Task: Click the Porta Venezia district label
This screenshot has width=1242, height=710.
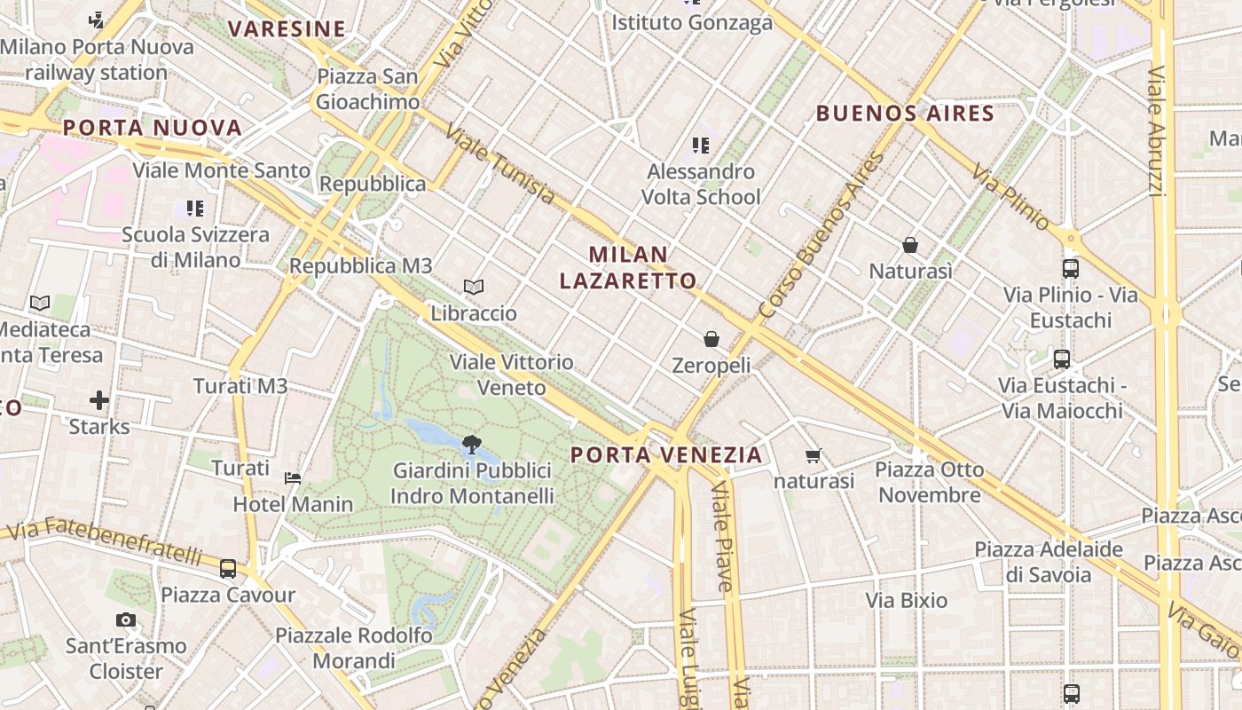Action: (x=665, y=455)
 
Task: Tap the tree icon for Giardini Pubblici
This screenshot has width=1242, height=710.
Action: (x=471, y=445)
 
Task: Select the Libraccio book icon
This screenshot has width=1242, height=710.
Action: (x=474, y=288)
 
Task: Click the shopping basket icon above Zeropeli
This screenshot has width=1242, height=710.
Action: (x=711, y=339)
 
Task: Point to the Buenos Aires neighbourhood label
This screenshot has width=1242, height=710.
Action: (x=905, y=114)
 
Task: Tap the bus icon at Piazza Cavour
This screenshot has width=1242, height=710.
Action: (x=228, y=569)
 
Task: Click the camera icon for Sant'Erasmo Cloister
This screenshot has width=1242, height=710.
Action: (x=126, y=619)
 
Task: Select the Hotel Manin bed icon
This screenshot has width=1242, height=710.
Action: (x=293, y=478)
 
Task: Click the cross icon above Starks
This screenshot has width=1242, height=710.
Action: (x=99, y=401)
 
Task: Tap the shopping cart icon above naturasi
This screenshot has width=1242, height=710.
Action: (x=813, y=456)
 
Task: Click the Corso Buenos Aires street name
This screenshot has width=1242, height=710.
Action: (x=821, y=236)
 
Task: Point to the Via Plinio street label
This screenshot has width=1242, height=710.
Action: (x=1010, y=197)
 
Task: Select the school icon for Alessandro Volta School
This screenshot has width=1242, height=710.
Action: (x=701, y=145)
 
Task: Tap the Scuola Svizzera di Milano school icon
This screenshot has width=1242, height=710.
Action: (x=195, y=209)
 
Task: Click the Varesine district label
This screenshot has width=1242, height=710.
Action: (x=286, y=29)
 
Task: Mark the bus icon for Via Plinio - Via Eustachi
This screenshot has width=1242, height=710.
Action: (x=1070, y=269)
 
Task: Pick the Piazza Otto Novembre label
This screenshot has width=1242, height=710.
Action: (x=930, y=482)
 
